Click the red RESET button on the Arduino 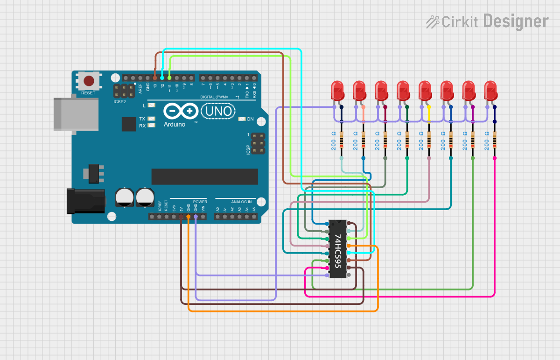(89, 81)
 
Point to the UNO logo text (217, 111)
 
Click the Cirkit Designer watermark (487, 21)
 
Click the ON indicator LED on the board (241, 119)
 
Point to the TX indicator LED (150, 119)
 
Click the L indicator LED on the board (150, 106)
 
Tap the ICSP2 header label (120, 101)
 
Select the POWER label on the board (200, 202)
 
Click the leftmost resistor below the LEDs (342, 140)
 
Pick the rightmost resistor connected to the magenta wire (495, 140)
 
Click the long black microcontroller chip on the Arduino (204, 176)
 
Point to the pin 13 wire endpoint (155, 78)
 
